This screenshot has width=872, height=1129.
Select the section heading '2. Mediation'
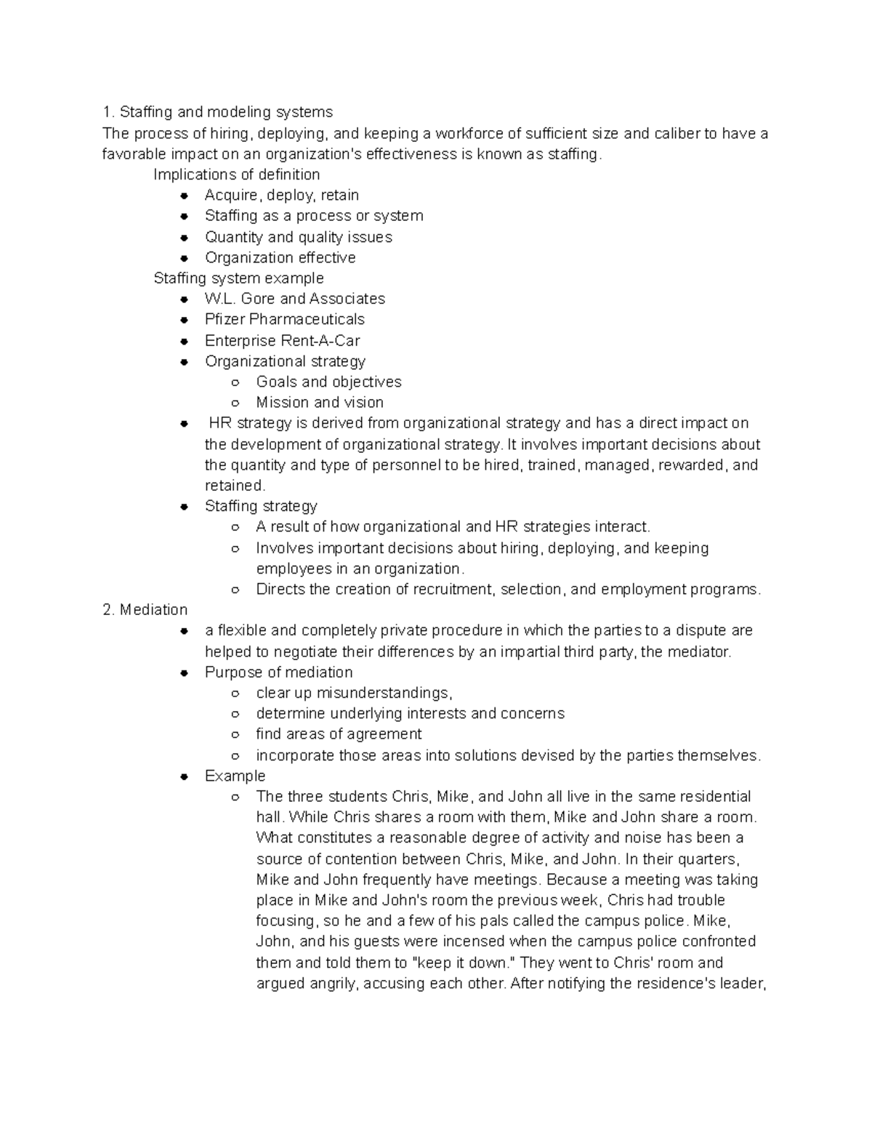tap(145, 610)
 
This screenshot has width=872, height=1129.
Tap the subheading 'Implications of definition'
tap(236, 174)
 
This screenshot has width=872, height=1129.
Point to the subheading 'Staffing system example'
tap(238, 278)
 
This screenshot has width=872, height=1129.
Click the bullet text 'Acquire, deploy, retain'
tap(281, 195)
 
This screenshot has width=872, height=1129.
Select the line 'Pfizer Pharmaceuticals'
tap(284, 320)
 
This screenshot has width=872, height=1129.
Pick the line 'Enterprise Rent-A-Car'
tap(282, 341)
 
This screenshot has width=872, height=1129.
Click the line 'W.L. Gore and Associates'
tap(294, 299)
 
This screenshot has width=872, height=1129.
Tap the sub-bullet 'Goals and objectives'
tap(328, 382)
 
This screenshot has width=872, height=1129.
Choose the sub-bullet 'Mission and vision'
tap(320, 403)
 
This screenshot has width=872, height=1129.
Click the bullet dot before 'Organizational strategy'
tap(185, 362)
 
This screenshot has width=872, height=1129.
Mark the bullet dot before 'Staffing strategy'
tap(185, 507)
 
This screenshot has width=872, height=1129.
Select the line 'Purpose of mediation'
tap(278, 672)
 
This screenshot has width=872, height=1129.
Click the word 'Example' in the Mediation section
tap(235, 776)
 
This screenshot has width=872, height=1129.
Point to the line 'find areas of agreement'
tap(339, 734)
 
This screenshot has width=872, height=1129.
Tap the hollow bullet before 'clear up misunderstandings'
tap(235, 694)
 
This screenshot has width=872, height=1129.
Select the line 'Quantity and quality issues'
tap(298, 237)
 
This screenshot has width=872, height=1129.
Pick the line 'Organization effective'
tap(280, 258)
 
